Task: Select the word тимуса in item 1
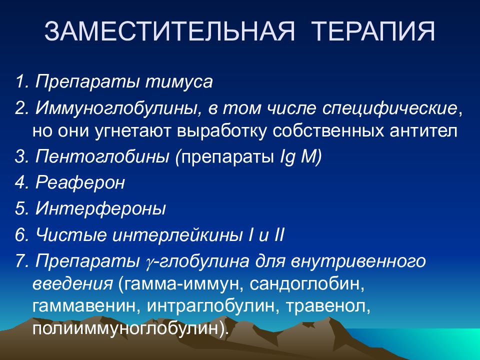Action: tap(179, 82)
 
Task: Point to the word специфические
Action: tap(389, 108)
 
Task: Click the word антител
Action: tap(423, 131)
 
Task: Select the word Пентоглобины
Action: tap(102, 156)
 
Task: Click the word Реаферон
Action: tap(80, 183)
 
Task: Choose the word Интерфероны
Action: tap(100, 209)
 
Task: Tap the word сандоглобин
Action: tap(306, 284)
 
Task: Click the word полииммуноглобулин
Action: tap(126, 328)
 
